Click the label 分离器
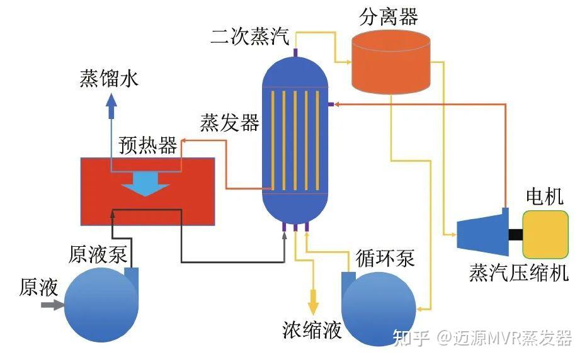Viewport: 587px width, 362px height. click(389, 16)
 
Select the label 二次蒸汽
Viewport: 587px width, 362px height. click(249, 37)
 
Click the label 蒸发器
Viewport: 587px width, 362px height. click(229, 122)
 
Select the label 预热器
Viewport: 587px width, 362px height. click(148, 145)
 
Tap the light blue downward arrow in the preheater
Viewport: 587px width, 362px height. click(145, 184)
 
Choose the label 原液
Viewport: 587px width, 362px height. click(38, 287)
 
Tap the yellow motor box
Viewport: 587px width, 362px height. click(545, 235)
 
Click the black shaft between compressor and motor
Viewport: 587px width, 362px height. click(515, 235)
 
